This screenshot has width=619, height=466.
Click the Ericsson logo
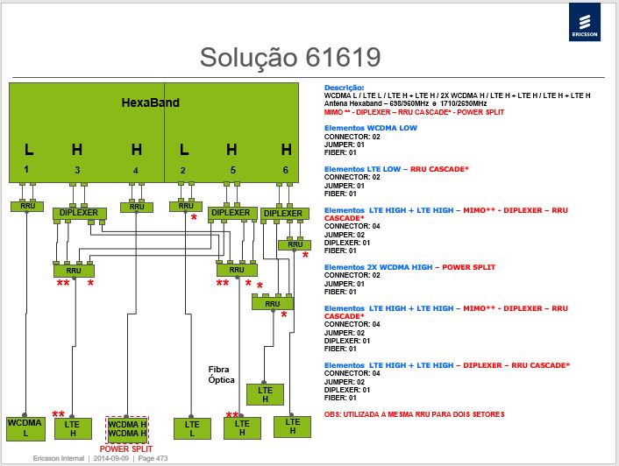584,22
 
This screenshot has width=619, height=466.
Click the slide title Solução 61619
290,58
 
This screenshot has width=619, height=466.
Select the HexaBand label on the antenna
151,102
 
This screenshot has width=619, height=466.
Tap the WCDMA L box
25,428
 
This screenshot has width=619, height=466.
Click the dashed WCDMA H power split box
127,429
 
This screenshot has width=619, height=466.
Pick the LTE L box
192,428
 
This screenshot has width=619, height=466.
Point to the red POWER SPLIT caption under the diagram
126,449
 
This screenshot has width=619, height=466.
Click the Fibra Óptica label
222,375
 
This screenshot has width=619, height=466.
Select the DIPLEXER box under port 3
80,213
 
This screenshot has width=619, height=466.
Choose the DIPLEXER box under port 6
285,214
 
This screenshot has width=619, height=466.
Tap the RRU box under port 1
27,206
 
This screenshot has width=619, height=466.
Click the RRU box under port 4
137,207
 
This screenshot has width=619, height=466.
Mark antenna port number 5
233,170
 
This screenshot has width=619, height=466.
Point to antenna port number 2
182,170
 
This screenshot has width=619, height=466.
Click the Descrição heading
345,88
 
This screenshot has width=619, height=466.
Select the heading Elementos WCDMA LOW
370,128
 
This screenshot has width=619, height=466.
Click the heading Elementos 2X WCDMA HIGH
378,267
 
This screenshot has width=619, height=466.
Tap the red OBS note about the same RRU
414,414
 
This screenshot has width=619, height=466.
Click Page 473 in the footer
153,458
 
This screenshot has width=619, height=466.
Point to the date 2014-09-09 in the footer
111,458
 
